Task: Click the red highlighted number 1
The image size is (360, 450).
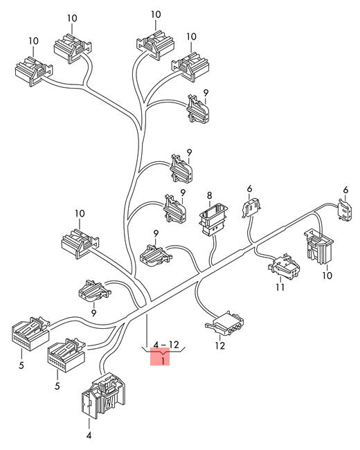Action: (x=163, y=361)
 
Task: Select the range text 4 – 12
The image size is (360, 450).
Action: (x=166, y=345)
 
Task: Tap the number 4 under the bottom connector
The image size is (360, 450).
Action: (x=89, y=435)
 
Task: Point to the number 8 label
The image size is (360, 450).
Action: (x=210, y=196)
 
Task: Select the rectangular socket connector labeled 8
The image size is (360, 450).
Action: (x=213, y=219)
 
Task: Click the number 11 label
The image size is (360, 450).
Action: (x=280, y=287)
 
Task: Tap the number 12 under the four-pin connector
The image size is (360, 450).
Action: (x=220, y=345)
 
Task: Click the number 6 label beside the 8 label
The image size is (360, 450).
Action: (x=249, y=189)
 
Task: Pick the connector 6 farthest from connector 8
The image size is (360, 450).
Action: (x=345, y=210)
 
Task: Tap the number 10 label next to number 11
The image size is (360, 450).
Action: (x=327, y=276)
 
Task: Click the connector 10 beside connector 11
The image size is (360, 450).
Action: (x=318, y=246)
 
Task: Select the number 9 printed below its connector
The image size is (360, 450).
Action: (x=93, y=313)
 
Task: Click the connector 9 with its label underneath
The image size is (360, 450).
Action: (x=95, y=291)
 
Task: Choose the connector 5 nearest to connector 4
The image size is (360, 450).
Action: (x=66, y=354)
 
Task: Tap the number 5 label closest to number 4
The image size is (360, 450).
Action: (x=57, y=386)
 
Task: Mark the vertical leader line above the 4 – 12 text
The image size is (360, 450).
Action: (x=147, y=331)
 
